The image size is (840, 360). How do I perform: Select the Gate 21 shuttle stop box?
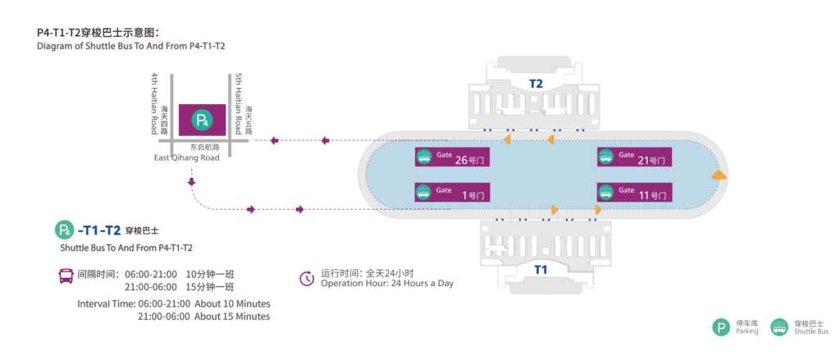[635, 157]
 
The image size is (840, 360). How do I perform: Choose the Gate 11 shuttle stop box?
[635, 193]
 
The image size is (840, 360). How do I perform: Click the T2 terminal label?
[536, 84]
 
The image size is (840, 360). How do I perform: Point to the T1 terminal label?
[541, 269]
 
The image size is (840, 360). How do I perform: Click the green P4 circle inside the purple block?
[201, 121]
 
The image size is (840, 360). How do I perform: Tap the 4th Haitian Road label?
[153, 103]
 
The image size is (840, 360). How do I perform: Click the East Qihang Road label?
[187, 157]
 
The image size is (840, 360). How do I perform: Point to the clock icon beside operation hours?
[307, 278]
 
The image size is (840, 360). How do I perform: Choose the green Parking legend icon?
[721, 327]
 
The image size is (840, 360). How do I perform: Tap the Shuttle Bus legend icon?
[780, 327]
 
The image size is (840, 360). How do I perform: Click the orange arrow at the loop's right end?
[719, 175]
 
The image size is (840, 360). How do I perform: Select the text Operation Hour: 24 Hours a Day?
[387, 284]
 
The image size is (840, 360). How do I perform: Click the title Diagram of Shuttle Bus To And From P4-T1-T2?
[131, 46]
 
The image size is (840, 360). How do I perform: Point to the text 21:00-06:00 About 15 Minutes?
[204, 317]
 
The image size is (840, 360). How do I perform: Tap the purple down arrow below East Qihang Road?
[192, 182]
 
